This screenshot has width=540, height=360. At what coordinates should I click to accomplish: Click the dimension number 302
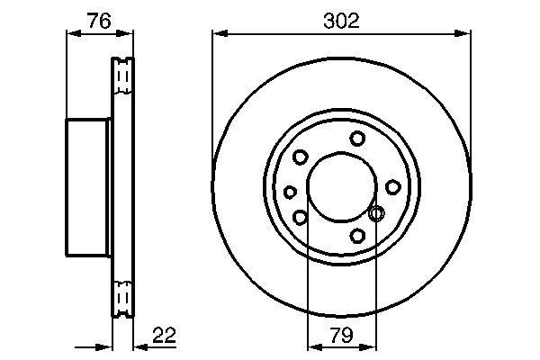tap(341, 21)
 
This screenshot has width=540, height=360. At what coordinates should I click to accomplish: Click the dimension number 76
tap(99, 21)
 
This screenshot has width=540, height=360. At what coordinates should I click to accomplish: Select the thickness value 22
tap(165, 335)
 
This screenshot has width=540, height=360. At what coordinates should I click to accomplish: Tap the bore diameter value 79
tap(342, 335)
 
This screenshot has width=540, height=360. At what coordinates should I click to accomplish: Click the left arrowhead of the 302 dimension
tap(220, 33)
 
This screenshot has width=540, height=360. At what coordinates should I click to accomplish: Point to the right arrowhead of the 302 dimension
tap(463, 33)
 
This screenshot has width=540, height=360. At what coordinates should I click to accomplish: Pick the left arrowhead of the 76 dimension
tap(74, 33)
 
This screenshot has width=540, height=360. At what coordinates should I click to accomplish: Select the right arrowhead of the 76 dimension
tap(125, 33)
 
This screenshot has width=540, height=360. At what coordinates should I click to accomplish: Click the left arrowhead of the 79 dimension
tap(315, 346)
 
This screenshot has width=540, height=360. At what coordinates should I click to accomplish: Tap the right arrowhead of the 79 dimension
tap(369, 346)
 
